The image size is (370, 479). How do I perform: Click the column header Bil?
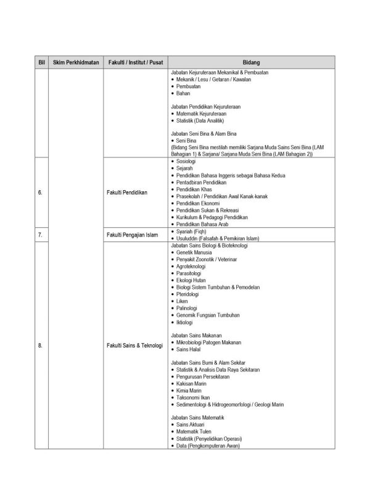[x=41, y=63]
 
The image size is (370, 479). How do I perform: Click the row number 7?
[x=41, y=235]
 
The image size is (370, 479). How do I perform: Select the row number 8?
[x=41, y=346]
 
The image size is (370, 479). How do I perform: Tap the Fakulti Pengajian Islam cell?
[x=133, y=235]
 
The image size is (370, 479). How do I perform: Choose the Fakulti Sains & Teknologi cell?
[x=134, y=346]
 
